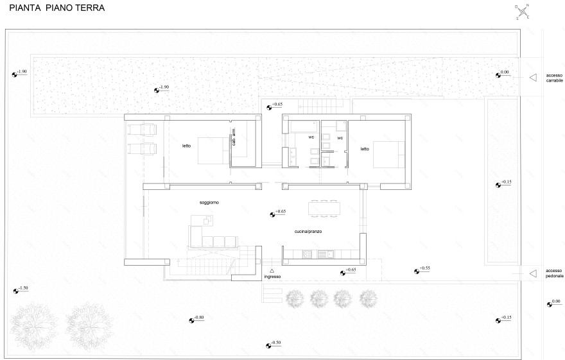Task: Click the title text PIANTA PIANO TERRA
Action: pyautogui.click(x=57, y=8)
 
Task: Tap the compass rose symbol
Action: pyautogui.click(x=523, y=12)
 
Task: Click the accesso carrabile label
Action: pyautogui.click(x=554, y=78)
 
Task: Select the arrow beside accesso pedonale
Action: pyautogui.click(x=533, y=273)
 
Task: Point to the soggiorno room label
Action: pyautogui.click(x=209, y=203)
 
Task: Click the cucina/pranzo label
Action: pyautogui.click(x=308, y=232)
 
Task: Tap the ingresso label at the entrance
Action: pyautogui.click(x=272, y=277)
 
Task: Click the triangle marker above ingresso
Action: pyautogui.click(x=272, y=271)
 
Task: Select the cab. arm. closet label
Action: pyautogui.click(x=234, y=137)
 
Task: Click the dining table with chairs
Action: pyautogui.click(x=324, y=209)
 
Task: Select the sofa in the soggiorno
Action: pyautogui.click(x=213, y=237)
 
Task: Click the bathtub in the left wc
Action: pyautogui.click(x=304, y=126)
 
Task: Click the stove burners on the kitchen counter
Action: pyautogui.click(x=308, y=255)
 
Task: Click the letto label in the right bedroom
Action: pyautogui.click(x=365, y=149)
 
